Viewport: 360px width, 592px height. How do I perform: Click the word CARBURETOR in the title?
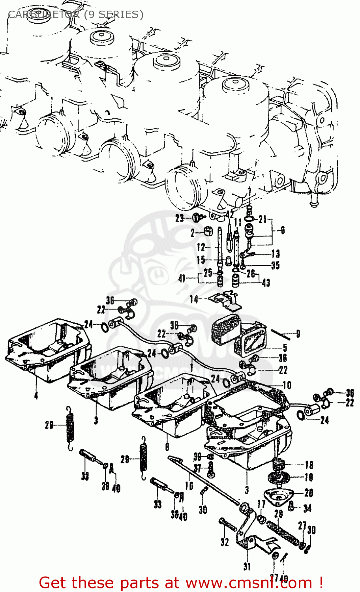coord(43,15)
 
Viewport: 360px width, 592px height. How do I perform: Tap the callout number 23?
coord(180,218)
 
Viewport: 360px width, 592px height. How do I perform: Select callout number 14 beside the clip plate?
coord(194,299)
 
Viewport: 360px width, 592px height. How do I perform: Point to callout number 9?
coord(298,334)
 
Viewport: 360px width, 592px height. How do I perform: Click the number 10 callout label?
coord(287,385)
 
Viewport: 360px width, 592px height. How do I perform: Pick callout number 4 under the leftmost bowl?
coord(36,395)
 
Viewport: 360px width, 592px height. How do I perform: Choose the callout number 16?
coord(189,485)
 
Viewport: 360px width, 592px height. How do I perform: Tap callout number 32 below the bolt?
coord(225,542)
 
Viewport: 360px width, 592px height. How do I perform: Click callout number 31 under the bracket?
coord(247,567)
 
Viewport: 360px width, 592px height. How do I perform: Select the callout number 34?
coord(307,508)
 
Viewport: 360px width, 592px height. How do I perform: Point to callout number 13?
coord(275,254)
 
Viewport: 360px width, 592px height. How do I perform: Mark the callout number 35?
coord(275,265)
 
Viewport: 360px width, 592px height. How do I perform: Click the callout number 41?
coord(182,279)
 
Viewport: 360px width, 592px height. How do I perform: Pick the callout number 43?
coord(266,283)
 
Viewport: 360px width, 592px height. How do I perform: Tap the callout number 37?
coord(197,468)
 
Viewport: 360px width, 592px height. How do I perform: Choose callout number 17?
coord(261,504)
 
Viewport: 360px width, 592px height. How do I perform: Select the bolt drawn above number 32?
coord(228,525)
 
